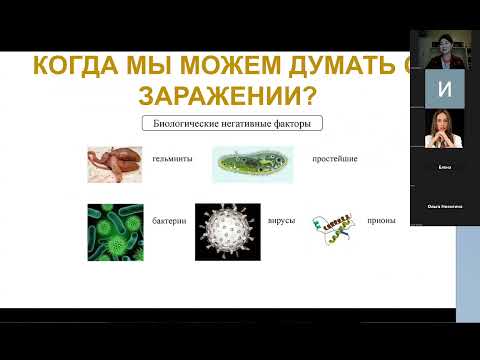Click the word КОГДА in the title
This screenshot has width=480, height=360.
79,68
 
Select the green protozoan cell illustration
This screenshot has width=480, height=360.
252,165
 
